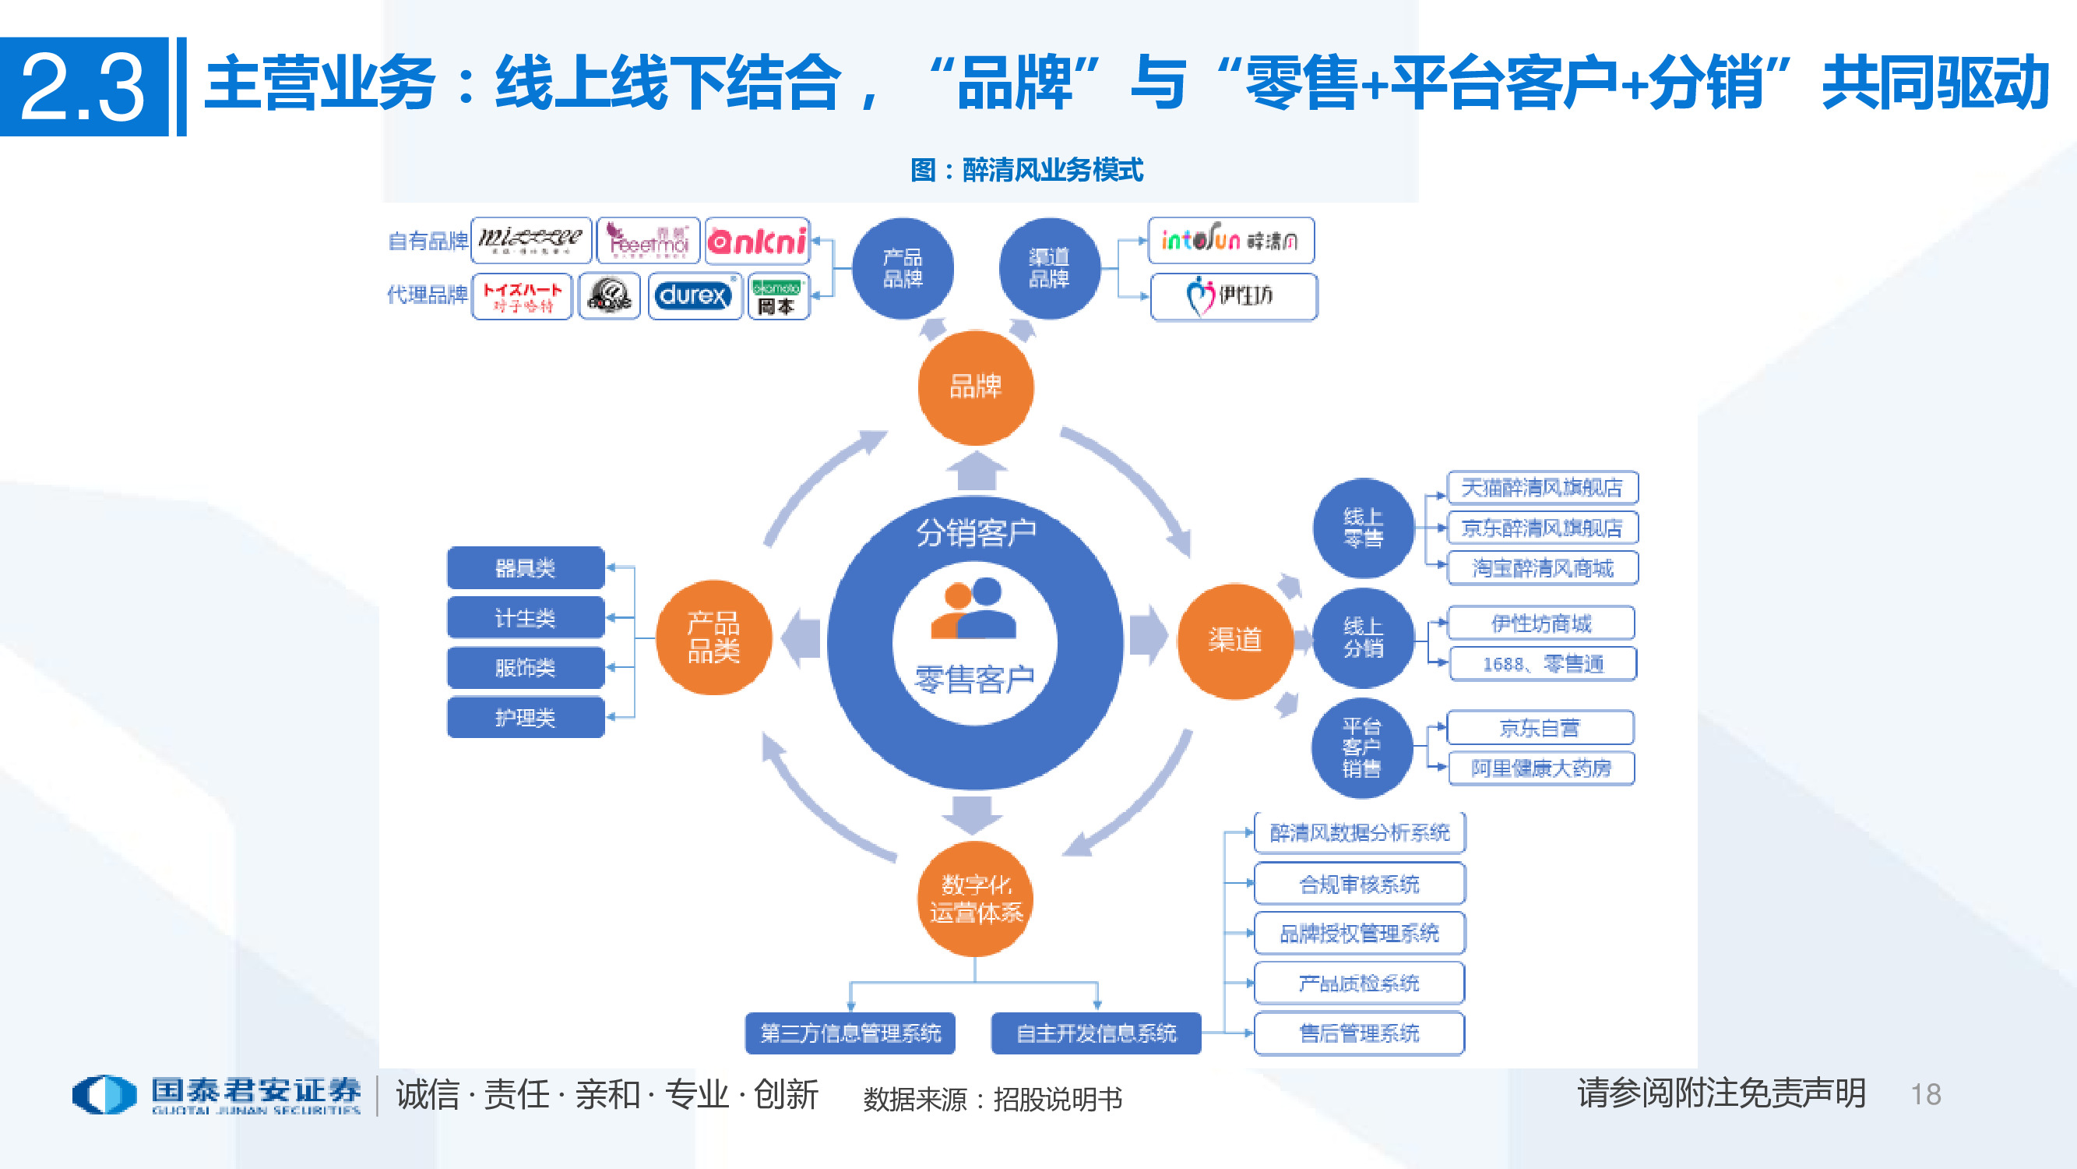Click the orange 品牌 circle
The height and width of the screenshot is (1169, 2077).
[x=976, y=387]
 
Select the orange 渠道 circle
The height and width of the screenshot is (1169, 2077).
[x=1234, y=641]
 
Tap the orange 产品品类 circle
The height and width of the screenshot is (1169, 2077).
[x=713, y=637]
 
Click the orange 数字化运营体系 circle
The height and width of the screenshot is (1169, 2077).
[x=976, y=898]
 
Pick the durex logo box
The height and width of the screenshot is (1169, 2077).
[x=694, y=296]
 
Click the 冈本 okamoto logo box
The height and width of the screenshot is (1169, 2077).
[x=777, y=297]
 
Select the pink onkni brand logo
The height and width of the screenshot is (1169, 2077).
[x=756, y=240]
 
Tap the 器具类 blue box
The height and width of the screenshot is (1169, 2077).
[x=526, y=568]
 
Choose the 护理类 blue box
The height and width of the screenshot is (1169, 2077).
[x=526, y=717]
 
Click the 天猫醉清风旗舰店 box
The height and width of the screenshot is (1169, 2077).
[x=1542, y=487]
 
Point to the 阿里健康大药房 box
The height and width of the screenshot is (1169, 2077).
[x=1541, y=768]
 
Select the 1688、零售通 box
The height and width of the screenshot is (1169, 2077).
[x=1542, y=664]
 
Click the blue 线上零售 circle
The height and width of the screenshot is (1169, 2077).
[x=1363, y=528]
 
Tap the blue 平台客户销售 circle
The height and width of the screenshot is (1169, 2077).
[x=1362, y=747]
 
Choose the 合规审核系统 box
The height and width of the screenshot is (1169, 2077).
[x=1360, y=885]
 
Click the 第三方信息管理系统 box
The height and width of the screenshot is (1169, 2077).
[x=850, y=1033]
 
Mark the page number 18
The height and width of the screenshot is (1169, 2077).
[x=1925, y=1095]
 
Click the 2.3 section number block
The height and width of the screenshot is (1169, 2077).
[x=84, y=87]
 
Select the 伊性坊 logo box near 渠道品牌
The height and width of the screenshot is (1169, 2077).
[x=1233, y=296]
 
